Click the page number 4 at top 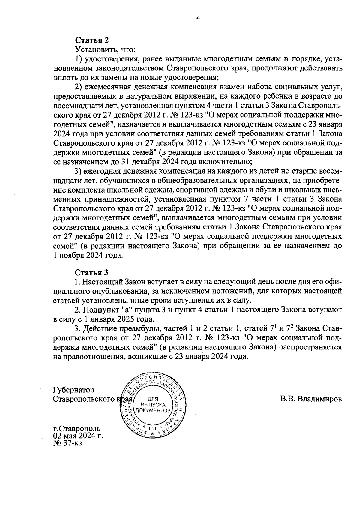click(x=198, y=18)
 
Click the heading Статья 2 click(x=91, y=40)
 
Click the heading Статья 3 click(x=91, y=272)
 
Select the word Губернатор click(x=73, y=390)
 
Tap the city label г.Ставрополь click(x=77, y=428)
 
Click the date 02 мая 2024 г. click(x=78, y=436)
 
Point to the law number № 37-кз click(x=67, y=443)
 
